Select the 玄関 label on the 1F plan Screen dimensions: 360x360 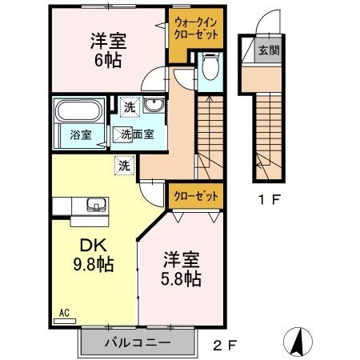267,50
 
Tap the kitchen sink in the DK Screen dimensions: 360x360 96,206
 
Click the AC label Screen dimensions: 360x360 64,313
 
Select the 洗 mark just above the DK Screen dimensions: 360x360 125,166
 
